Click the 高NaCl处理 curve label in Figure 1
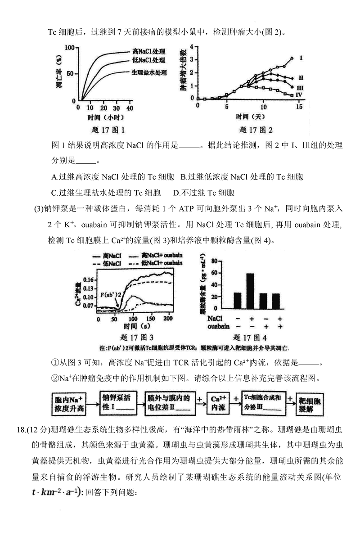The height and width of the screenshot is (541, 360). tap(149, 51)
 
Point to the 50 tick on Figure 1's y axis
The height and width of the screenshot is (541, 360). tap(69, 73)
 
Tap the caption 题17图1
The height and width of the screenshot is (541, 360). tap(108, 131)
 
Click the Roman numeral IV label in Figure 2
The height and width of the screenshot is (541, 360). tap(297, 95)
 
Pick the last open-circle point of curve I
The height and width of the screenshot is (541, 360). tap(292, 58)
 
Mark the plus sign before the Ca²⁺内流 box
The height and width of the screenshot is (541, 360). tap(199, 398)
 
